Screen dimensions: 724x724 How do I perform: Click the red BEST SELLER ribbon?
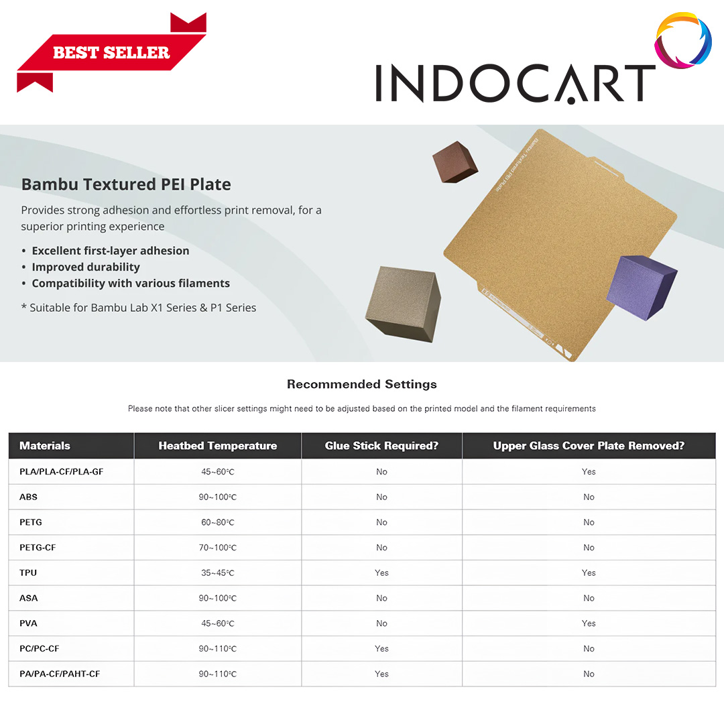(x=111, y=52)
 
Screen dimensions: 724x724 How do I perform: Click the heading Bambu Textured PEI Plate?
(x=126, y=184)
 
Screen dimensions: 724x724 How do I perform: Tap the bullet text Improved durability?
(x=86, y=267)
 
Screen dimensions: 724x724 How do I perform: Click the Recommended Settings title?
(x=361, y=384)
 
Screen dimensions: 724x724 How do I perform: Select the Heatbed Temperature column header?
(x=217, y=446)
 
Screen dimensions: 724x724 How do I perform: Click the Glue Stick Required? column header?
(x=381, y=446)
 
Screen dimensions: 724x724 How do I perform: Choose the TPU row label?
(x=28, y=572)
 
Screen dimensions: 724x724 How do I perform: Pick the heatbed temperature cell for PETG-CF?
(x=217, y=548)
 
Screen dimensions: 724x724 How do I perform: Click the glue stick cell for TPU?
(x=381, y=572)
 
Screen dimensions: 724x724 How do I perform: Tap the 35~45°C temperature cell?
(x=217, y=572)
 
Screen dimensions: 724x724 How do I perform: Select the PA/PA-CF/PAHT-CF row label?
(x=60, y=674)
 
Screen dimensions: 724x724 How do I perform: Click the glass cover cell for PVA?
(x=589, y=623)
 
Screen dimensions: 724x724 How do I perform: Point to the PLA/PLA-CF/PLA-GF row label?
(x=61, y=471)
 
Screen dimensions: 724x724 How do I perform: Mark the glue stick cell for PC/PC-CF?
(x=381, y=648)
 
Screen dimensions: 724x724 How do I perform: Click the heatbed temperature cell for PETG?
(x=217, y=522)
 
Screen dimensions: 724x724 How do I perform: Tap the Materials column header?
(x=45, y=446)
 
